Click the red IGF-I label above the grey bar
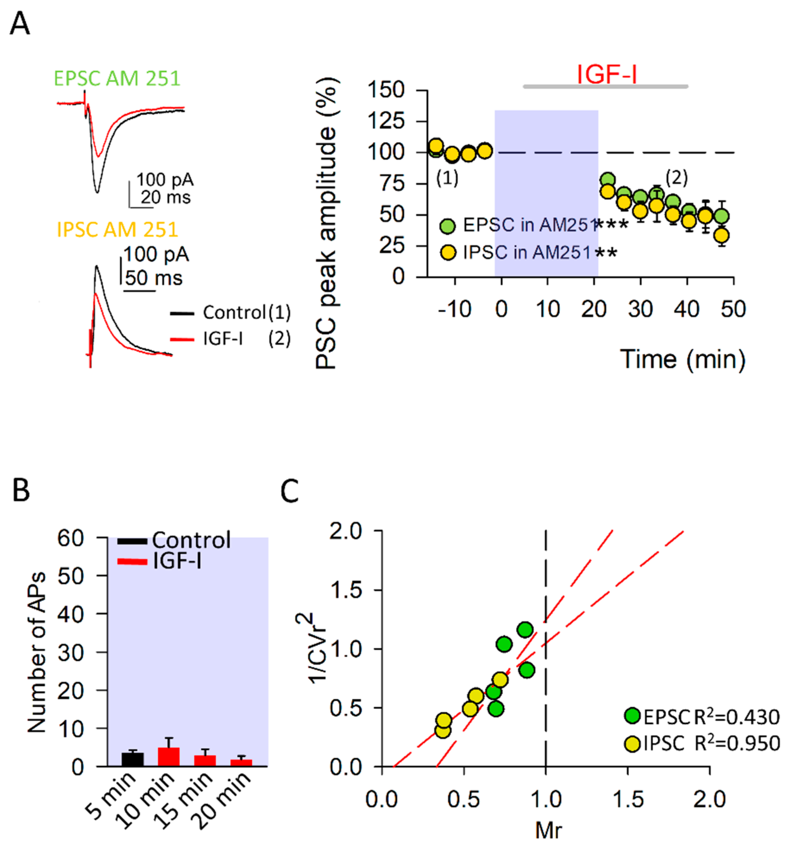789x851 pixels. pos(607,74)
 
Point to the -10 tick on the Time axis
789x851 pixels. pos(455,309)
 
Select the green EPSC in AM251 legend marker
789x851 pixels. pos(448,225)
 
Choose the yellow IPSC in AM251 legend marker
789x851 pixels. pos(448,252)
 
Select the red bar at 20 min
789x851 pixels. pos(241,763)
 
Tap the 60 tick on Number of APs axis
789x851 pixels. pos(71,539)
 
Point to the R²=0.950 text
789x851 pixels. pos(737,743)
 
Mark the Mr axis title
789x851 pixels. pos(548,830)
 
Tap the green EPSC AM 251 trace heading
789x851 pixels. pos(117,79)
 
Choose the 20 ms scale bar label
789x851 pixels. pos(166,198)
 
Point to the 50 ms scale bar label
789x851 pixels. pos(154,278)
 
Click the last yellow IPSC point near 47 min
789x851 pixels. pos(722,236)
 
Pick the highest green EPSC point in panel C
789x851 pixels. pos(525,629)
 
